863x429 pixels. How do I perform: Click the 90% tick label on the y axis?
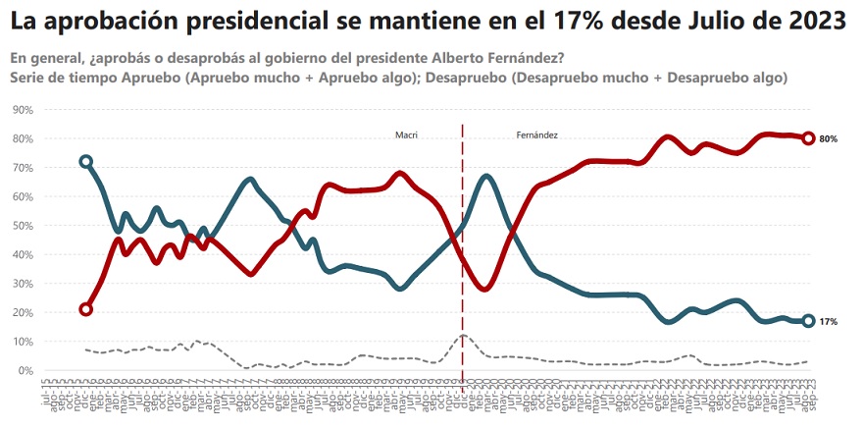tap(22, 110)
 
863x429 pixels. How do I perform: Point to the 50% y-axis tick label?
tap(22, 226)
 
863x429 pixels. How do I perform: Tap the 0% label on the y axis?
tap(25, 371)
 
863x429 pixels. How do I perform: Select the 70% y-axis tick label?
tap(22, 168)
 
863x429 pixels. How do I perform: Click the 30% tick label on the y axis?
tap(22, 284)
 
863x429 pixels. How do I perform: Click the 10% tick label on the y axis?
tap(22, 342)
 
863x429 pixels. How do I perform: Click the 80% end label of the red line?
tap(828, 139)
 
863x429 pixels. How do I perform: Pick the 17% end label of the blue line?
tap(828, 322)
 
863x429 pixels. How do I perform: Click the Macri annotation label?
tap(407, 134)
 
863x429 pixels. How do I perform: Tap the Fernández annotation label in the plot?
tap(536, 134)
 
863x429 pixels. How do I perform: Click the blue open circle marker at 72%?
tap(86, 161)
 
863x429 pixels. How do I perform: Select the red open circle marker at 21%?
tap(86, 309)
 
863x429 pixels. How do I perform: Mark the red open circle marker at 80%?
tap(808, 138)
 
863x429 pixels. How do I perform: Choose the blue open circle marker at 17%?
tap(808, 321)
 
